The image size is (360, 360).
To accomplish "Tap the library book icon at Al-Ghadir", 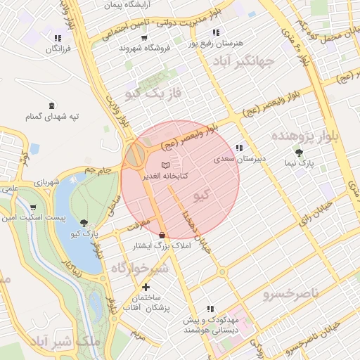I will click(x=165, y=165).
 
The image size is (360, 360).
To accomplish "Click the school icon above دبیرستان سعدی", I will click(x=239, y=148).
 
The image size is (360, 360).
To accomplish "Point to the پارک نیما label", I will click(x=301, y=163).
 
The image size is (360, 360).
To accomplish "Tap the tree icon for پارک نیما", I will click(x=300, y=152).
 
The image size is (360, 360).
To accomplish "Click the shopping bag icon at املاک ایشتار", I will click(x=163, y=235).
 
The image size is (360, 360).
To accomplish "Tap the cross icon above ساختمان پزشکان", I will click(x=146, y=287).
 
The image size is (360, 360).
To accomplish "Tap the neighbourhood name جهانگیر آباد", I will click(x=245, y=62).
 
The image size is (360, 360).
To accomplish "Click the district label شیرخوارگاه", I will click(x=141, y=268).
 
